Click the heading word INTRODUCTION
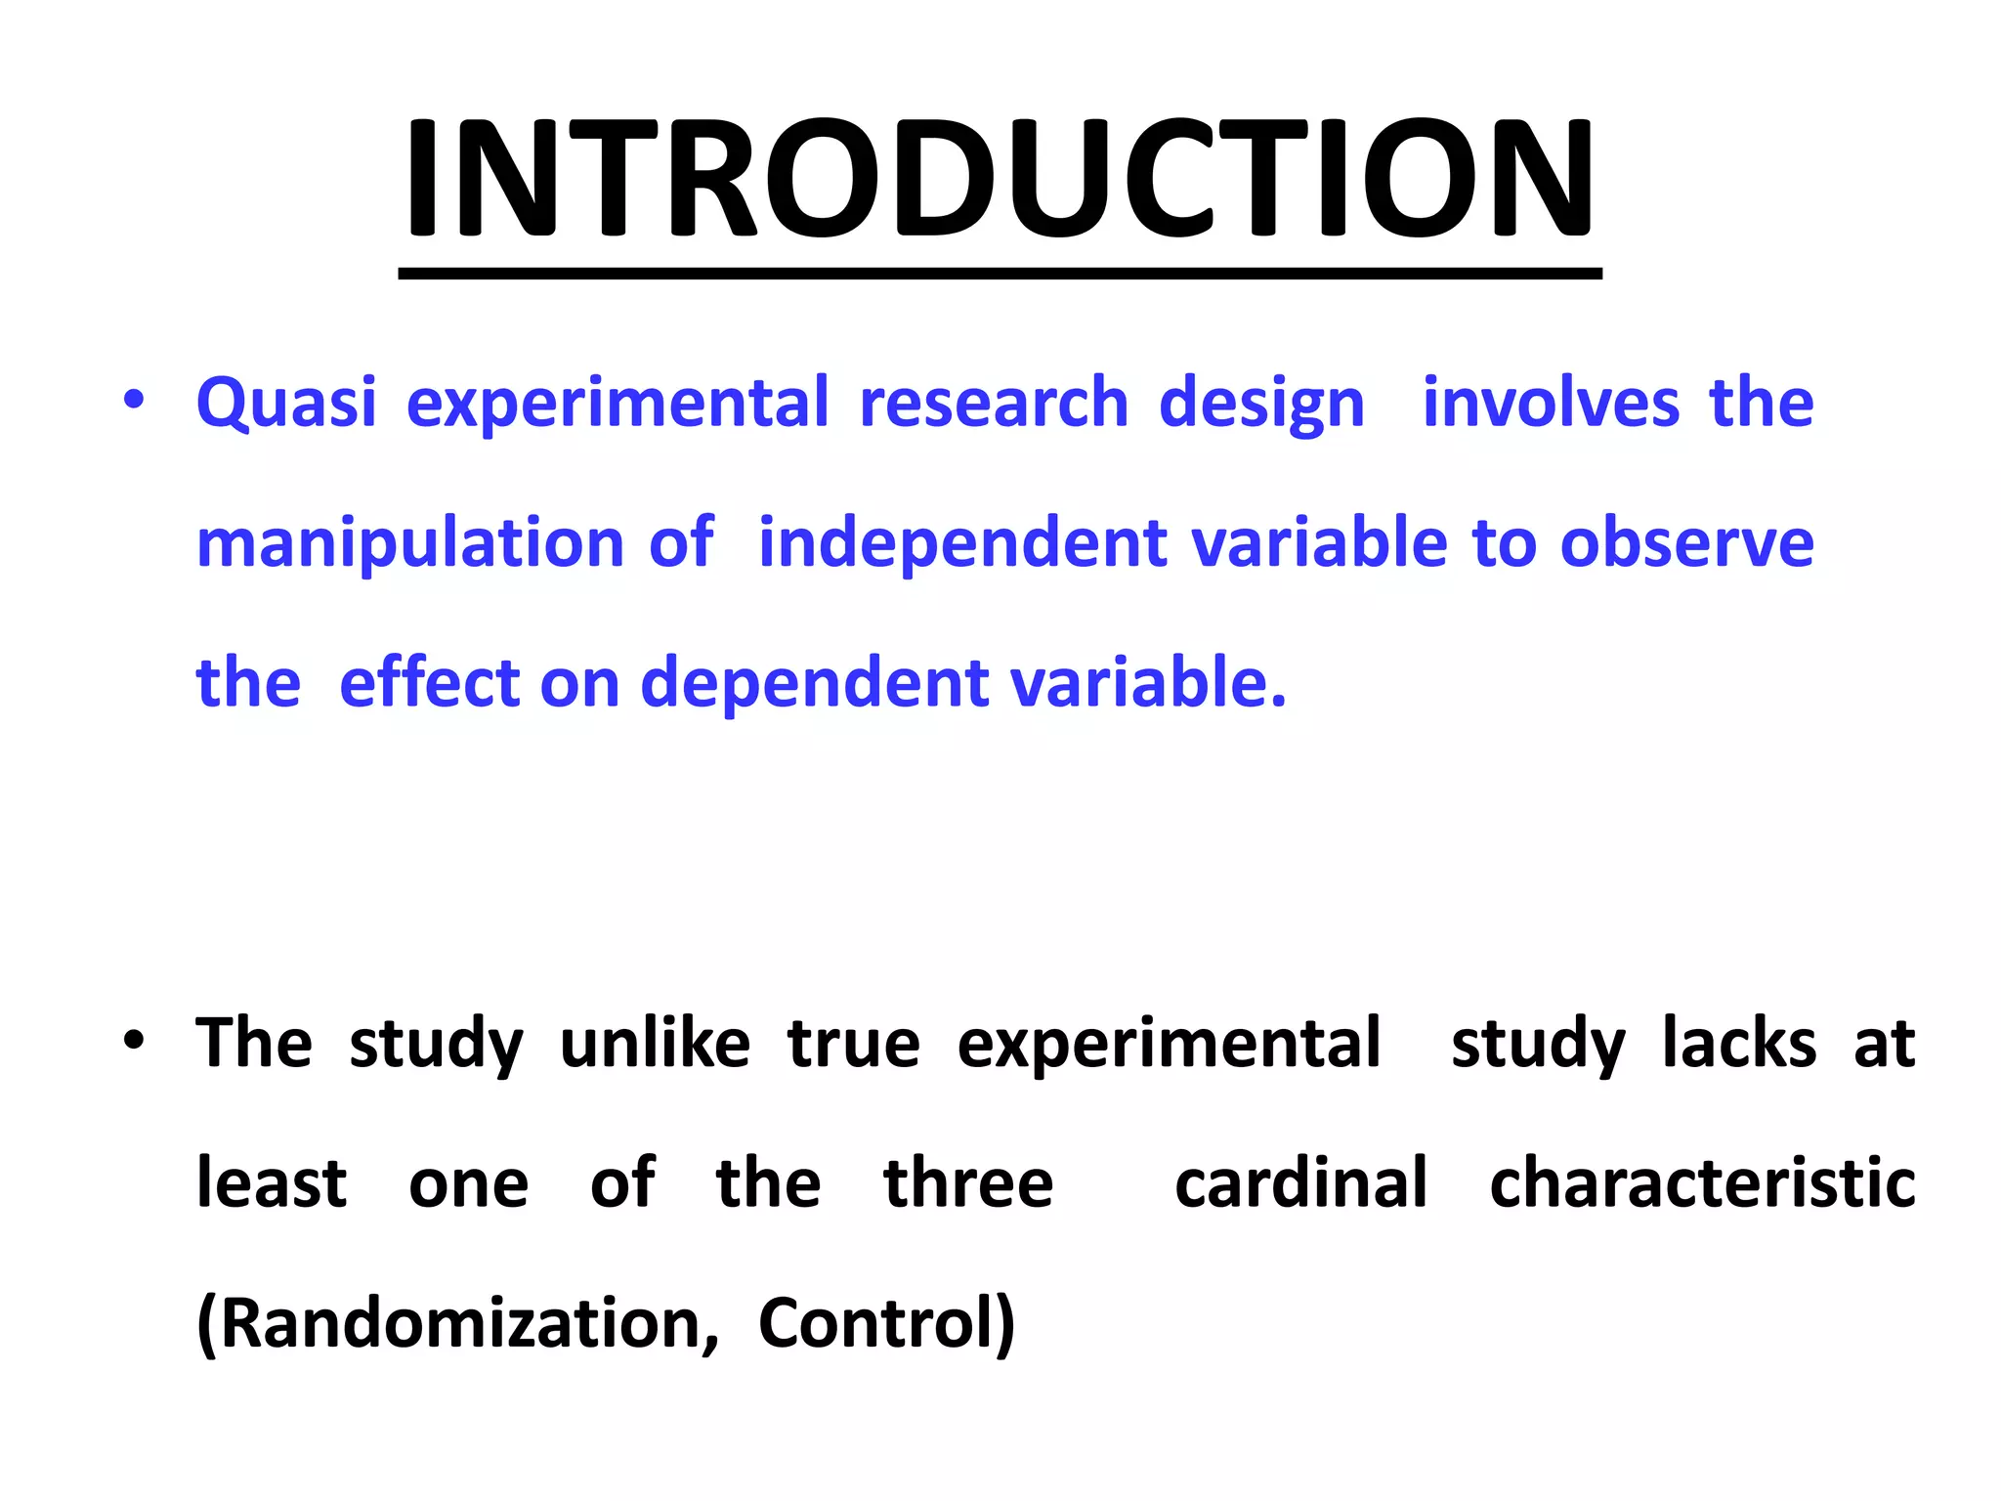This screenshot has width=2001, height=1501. [x=999, y=178]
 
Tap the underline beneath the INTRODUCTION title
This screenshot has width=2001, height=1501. [x=999, y=275]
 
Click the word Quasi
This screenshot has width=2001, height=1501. [x=286, y=403]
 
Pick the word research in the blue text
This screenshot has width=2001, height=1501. [x=994, y=403]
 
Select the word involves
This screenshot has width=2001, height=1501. [x=1551, y=403]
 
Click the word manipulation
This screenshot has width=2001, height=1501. [x=410, y=543]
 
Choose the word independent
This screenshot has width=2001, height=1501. [x=962, y=543]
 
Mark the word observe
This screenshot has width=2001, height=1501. [x=1687, y=543]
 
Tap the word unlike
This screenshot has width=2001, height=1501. [x=655, y=1044]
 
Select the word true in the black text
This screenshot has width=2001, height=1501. [x=854, y=1044]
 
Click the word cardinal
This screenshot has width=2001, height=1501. [x=1300, y=1183]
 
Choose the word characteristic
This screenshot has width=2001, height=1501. [x=1702, y=1183]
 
